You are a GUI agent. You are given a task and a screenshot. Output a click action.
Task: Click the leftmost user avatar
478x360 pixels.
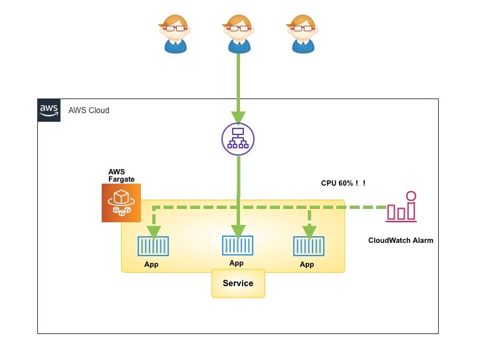coord(175,33)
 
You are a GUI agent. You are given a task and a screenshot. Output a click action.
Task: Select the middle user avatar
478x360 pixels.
coord(238,33)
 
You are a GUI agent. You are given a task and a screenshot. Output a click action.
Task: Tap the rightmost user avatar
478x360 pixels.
coord(302,33)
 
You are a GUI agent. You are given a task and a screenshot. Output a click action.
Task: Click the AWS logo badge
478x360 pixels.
coord(49,110)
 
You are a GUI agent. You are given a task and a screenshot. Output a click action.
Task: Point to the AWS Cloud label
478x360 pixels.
coord(89,110)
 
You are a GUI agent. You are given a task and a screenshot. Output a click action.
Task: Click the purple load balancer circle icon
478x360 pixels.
coord(238,138)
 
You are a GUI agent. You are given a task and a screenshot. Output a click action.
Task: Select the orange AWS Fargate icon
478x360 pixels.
coord(121,203)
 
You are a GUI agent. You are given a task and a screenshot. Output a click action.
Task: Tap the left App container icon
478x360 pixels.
coord(154,247)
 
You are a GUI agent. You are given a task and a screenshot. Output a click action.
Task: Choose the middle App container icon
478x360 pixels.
coord(237,246)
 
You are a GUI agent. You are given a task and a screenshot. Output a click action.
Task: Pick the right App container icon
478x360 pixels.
coord(308,247)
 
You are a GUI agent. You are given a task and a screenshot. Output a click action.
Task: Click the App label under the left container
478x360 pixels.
coord(152,264)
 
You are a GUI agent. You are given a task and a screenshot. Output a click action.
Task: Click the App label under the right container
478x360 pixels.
coord(306,264)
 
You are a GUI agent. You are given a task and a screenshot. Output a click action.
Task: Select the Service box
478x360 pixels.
coord(238,283)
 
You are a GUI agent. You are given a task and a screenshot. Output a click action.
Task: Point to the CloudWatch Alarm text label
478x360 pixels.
coord(400,240)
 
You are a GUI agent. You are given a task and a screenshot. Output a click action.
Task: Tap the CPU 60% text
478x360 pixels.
coord(343,183)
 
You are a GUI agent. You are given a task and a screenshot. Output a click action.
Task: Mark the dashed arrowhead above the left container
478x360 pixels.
coord(154,232)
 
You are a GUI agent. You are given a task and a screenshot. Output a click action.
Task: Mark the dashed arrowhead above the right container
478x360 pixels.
coord(308,232)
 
